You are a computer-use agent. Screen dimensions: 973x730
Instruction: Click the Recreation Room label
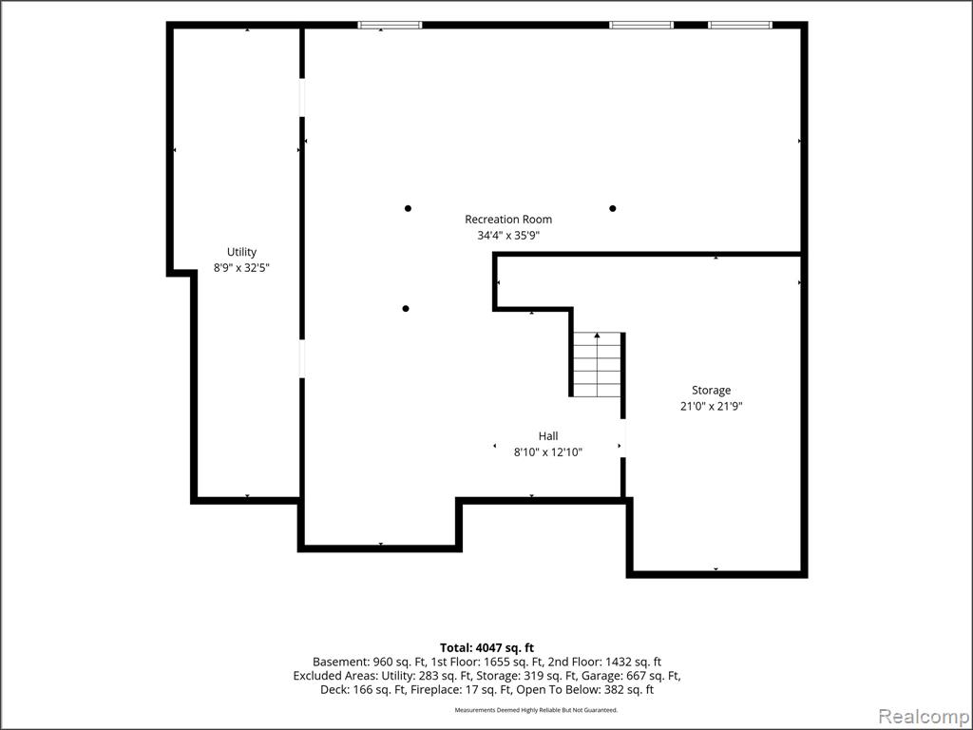[x=508, y=220]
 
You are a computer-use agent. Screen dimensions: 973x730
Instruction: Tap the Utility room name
[x=241, y=252]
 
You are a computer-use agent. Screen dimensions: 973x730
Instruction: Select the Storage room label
[x=711, y=391]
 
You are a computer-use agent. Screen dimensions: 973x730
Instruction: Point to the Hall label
[x=548, y=435]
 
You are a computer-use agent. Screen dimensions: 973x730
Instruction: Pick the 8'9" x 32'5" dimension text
[x=241, y=268]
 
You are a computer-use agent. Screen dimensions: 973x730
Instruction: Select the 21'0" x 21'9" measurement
[x=711, y=407]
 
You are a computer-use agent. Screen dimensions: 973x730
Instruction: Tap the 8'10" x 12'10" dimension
[x=548, y=451]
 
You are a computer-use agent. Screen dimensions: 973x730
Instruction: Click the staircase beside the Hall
[x=597, y=364]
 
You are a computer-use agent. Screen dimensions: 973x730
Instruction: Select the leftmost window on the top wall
[x=391, y=26]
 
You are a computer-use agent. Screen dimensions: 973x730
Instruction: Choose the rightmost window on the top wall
[x=739, y=26]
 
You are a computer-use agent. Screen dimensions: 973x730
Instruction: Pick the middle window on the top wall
[x=641, y=26]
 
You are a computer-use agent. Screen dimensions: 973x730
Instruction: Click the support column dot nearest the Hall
[x=406, y=309]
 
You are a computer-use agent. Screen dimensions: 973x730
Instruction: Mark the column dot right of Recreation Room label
[x=613, y=208]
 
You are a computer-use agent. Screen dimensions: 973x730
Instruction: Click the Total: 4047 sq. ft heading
[x=486, y=648]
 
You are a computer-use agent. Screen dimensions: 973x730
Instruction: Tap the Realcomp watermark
[x=924, y=717]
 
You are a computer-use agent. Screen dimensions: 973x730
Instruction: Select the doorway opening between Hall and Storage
[x=623, y=438]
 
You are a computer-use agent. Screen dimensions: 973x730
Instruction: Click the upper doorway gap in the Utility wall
[x=302, y=98]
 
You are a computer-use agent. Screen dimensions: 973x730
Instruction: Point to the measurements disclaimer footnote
[x=536, y=709]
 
